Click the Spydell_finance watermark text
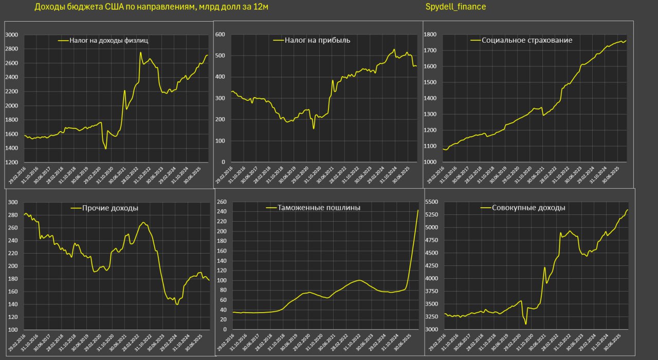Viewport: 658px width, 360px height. (x=455, y=7)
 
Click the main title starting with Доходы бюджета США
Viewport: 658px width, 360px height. (x=151, y=7)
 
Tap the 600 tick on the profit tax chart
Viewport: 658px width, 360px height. (x=221, y=34)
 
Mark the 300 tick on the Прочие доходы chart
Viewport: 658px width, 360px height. (x=12, y=203)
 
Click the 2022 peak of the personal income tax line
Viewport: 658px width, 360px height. (x=140, y=52)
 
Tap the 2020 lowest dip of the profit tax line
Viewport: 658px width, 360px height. (x=314, y=128)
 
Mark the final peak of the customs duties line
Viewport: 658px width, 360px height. (x=418, y=210)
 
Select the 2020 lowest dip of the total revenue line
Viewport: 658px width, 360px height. (x=526, y=324)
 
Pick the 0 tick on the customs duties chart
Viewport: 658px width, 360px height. (x=224, y=329)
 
